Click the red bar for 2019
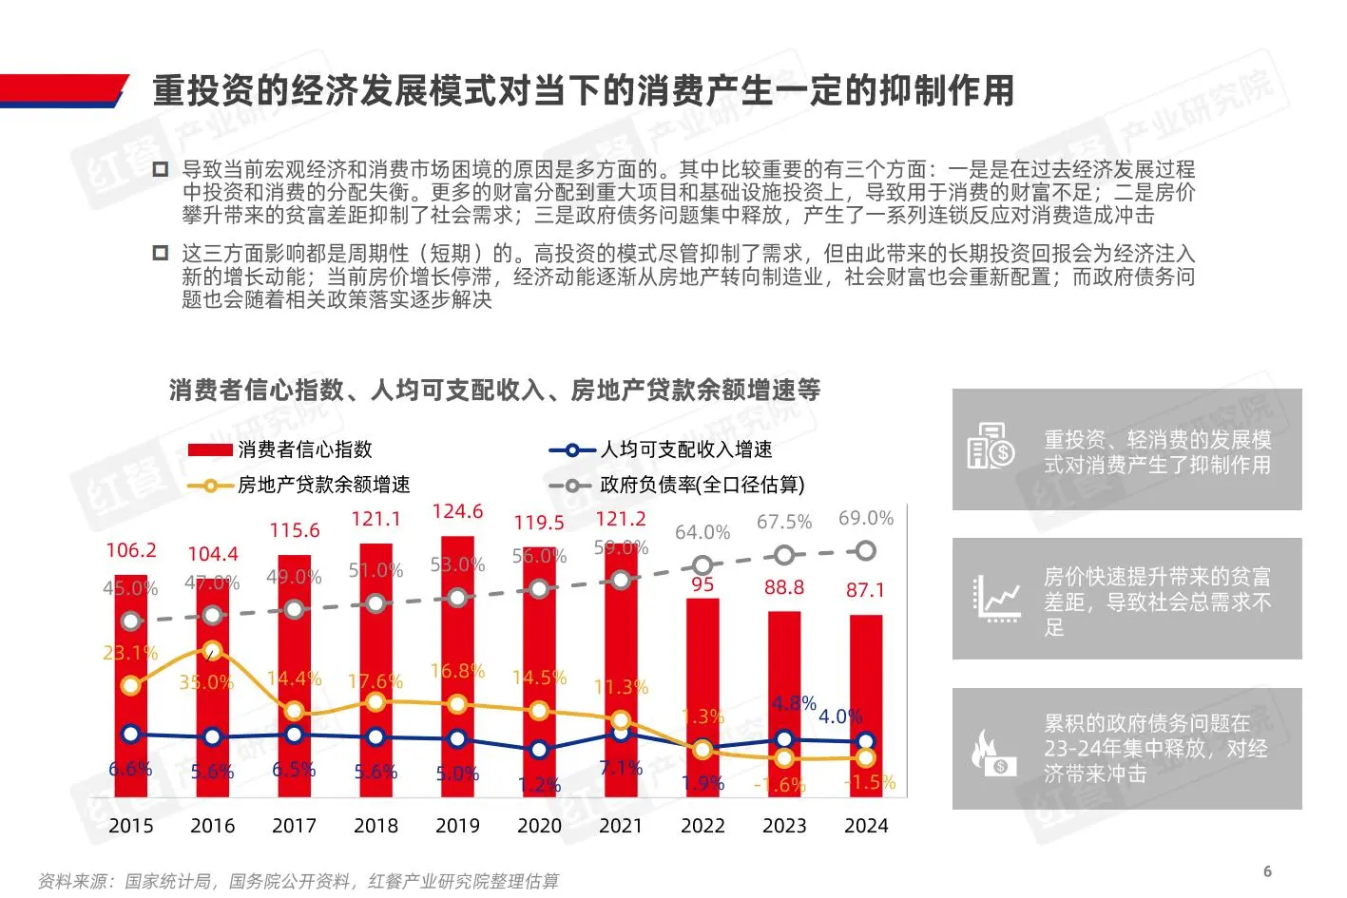(457, 665)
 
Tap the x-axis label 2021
(621, 826)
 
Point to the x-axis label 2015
(131, 826)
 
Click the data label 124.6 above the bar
(457, 511)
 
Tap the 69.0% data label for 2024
(865, 518)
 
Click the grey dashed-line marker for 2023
(783, 555)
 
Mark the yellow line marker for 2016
(212, 651)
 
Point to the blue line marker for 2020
(539, 750)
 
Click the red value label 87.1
(865, 590)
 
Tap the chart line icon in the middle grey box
(996, 599)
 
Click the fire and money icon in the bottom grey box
(991, 751)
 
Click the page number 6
(1267, 871)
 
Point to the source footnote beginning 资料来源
(298, 881)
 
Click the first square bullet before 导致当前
(161, 170)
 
